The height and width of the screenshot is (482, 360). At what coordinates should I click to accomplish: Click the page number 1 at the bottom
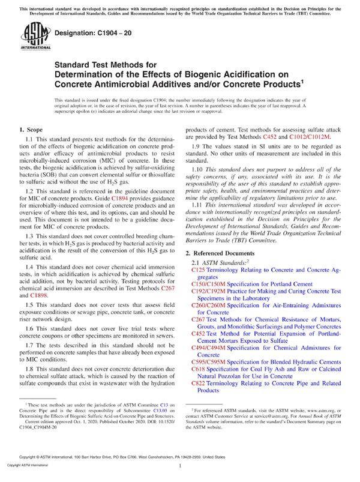(180, 465)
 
